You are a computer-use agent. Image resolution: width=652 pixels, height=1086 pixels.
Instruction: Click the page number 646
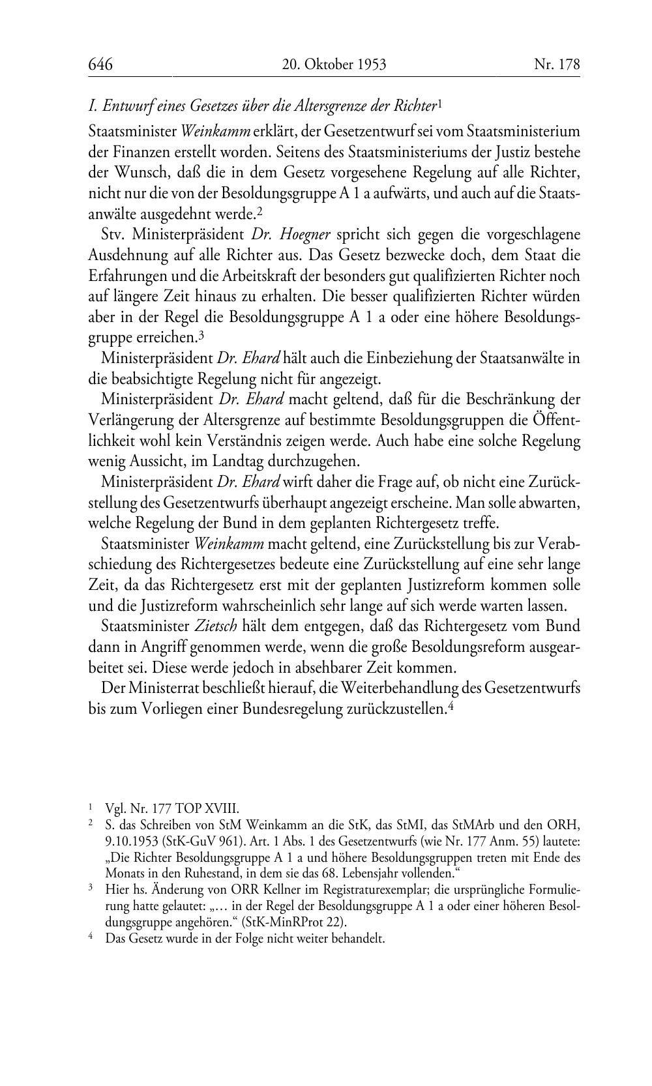coord(101,65)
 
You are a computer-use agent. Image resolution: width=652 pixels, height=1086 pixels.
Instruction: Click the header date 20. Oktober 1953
coord(334,65)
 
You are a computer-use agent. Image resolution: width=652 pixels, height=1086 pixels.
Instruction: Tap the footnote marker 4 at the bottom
coord(91,938)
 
